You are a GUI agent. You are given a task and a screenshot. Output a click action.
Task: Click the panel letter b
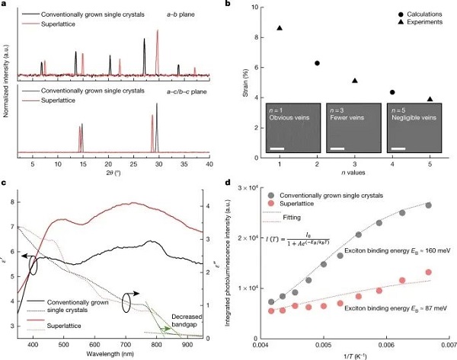pyautogui.click(x=243, y=5)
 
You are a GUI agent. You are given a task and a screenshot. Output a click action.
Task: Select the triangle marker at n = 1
pyautogui.click(x=280, y=28)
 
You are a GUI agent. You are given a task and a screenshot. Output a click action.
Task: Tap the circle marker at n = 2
pyautogui.click(x=317, y=63)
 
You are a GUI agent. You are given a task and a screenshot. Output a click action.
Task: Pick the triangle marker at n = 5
pyautogui.click(x=430, y=99)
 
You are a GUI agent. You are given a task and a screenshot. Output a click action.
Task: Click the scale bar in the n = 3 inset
pyautogui.click(x=337, y=148)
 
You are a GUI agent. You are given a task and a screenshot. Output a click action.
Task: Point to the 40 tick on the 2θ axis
pyautogui.click(x=209, y=164)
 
